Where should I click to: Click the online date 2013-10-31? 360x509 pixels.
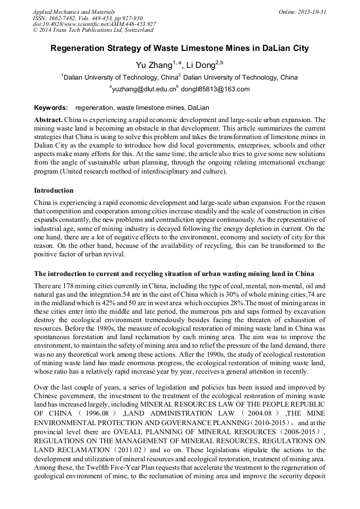point(314,12)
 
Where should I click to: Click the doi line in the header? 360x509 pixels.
point(94,24)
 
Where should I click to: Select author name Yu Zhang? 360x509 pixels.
point(152,65)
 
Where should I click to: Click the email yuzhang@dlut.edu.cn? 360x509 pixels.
point(144,89)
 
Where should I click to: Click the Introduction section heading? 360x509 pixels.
point(54,191)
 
